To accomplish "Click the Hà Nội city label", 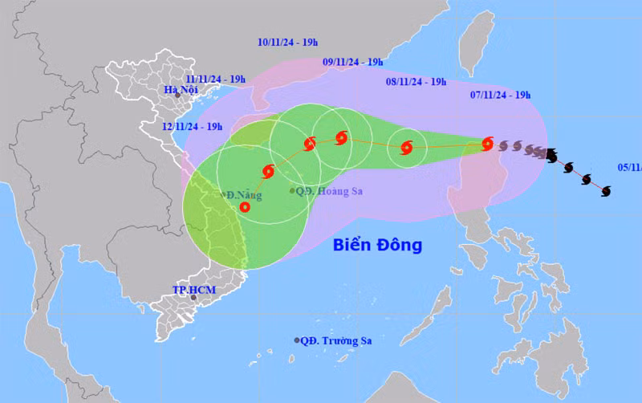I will point(181,90).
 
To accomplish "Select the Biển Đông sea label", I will point(377,245).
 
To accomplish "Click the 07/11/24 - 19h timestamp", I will point(500,95).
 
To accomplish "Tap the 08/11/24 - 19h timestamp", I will point(416,81).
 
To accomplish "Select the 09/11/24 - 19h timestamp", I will point(353,62).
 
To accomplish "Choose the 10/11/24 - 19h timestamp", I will point(288,43).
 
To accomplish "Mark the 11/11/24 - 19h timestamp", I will point(215,79).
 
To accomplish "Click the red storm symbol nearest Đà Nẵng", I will point(245,207).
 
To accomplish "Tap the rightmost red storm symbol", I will point(487,145).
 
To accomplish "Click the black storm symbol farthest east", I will point(605,190).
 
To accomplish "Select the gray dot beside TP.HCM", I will point(193,297).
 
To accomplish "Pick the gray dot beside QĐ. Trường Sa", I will point(297,340).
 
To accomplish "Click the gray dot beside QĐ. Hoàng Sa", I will point(292,191).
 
